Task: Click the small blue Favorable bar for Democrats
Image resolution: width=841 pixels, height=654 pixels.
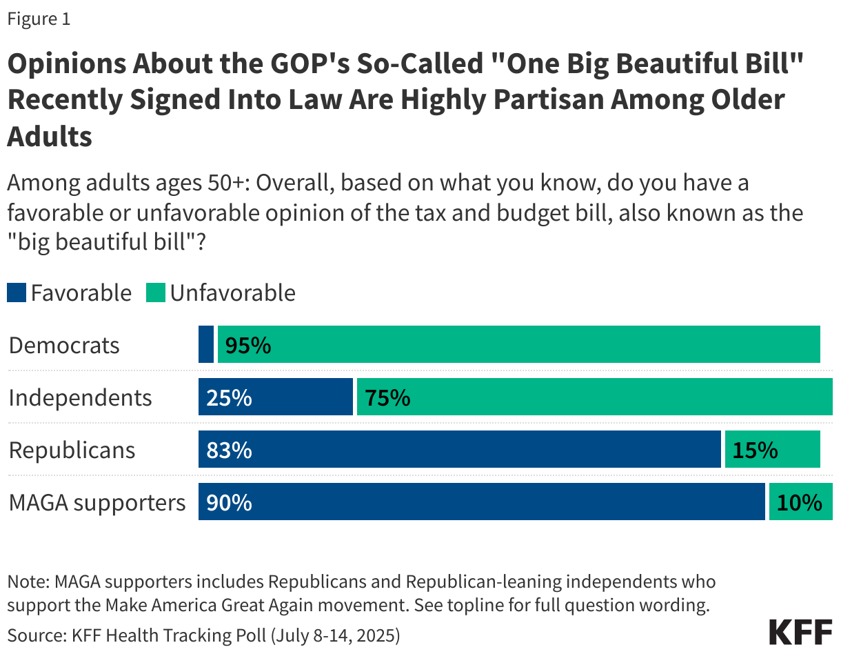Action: coord(206,345)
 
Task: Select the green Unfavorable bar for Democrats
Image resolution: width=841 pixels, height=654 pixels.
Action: coord(518,345)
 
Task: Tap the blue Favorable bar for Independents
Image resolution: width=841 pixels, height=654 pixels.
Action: coord(276,397)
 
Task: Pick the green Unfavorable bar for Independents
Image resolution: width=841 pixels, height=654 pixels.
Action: coord(594,397)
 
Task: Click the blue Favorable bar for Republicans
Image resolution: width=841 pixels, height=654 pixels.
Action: coord(459,450)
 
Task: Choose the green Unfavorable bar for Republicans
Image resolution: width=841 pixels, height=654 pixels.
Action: coord(772,450)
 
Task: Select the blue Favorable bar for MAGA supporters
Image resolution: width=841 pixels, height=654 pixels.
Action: coord(481,502)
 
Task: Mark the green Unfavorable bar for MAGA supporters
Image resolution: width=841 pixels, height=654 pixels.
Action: coord(800,502)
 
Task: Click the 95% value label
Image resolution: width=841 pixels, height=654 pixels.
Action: coord(248,346)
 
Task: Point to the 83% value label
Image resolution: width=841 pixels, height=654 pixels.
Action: coord(229,450)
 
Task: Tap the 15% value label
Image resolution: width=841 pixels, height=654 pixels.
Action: coord(755,450)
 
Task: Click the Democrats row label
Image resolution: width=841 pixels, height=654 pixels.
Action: coord(64,346)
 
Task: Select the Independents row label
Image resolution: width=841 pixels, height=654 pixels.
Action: coord(80,398)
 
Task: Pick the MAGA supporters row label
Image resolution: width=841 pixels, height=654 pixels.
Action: coord(97,503)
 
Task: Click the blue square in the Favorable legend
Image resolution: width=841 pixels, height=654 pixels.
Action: coord(17,293)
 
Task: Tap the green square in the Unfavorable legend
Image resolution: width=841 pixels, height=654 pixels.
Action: coord(156,293)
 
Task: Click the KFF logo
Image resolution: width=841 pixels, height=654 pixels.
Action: coord(800,631)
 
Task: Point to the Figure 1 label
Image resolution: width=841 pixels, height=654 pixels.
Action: coord(39,19)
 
